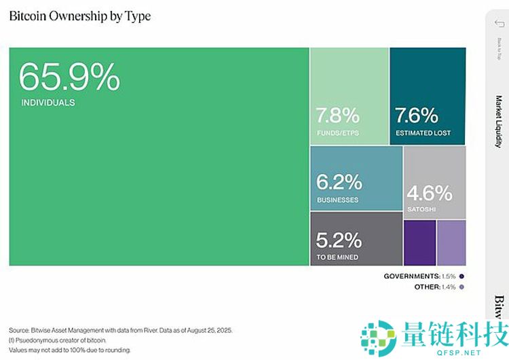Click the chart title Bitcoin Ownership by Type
[x=79, y=16]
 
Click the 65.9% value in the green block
[x=69, y=77]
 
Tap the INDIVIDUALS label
[x=48, y=103]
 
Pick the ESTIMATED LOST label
[x=423, y=133]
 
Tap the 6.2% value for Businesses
[x=339, y=183]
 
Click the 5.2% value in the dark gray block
[x=339, y=240]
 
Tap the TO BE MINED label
[x=338, y=257]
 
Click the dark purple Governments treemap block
[x=419, y=242]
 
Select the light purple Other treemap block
[x=451, y=242]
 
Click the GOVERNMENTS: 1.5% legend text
[x=420, y=276]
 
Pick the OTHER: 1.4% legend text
[x=435, y=287]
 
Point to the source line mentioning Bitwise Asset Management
[x=121, y=329]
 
